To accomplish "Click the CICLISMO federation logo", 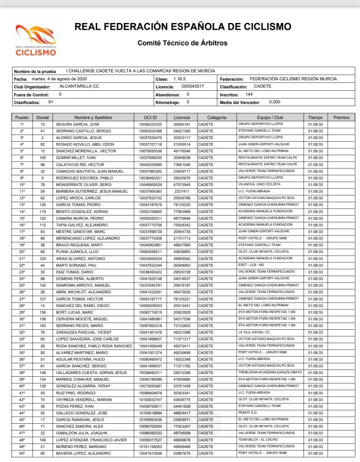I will coord(36,40).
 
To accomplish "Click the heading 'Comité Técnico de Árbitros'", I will coord(182,43).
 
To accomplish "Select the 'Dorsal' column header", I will coord(42,117).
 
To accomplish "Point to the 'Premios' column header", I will coord(341,117).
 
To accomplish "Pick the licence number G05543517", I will coord(193,87).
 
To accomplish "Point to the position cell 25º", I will coord(22,286).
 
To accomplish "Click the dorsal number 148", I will coord(42,373).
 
